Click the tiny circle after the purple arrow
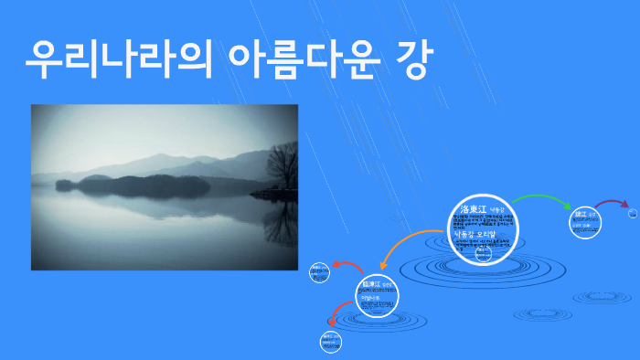633,214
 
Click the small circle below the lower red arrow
330,342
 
